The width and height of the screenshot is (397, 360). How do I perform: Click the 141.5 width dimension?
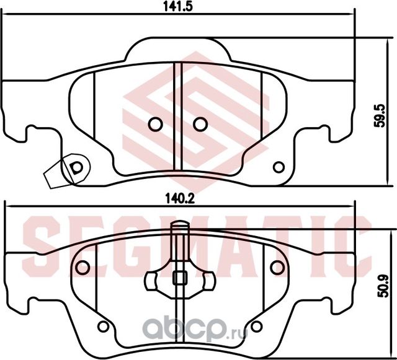178,6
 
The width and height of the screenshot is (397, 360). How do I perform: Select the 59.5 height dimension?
380,115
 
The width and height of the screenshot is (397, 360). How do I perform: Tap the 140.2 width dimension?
180,199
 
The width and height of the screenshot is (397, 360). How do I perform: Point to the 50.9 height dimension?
381,287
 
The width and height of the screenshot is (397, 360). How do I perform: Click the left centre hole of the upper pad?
155,124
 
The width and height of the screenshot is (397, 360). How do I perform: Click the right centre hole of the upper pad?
200,124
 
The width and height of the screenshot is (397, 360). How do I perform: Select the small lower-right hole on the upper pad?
279,167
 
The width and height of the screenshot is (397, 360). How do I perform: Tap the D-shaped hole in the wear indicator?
76,167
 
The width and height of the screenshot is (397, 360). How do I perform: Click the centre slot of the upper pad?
178,116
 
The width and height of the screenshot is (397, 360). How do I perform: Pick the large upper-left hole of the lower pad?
83,267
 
